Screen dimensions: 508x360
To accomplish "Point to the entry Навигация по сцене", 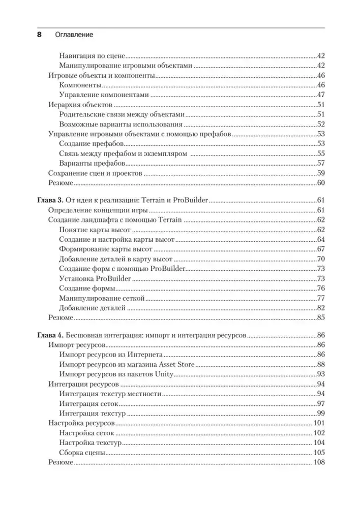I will click(x=92, y=56).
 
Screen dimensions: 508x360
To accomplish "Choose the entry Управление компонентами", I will click(x=104, y=95).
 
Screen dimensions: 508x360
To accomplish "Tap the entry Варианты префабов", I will click(x=92, y=163).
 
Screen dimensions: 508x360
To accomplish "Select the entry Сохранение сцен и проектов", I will click(x=95, y=173).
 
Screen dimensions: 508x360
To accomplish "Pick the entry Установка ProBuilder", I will click(x=96, y=278).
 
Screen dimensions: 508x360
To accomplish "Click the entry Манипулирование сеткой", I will click(x=103, y=298).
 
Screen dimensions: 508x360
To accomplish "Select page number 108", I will click(x=319, y=462).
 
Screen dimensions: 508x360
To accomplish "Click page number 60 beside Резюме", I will click(x=320, y=183).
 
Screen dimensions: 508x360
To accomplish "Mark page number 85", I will click(x=320, y=317).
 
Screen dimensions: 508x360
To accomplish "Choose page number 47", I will click(x=320, y=95).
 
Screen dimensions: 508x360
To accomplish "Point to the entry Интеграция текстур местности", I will click(x=110, y=394).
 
